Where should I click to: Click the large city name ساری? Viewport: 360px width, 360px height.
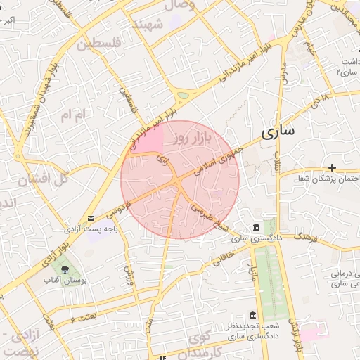pyautogui.click(x=278, y=131)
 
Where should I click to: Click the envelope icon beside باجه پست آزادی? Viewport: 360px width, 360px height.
pyautogui.click(x=91, y=219)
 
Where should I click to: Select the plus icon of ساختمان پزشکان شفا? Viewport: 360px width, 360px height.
pyautogui.click(x=332, y=167)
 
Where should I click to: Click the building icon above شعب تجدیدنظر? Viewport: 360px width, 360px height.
pyautogui.click(x=252, y=315)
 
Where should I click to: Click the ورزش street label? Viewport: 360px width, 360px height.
pyautogui.click(x=129, y=274)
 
